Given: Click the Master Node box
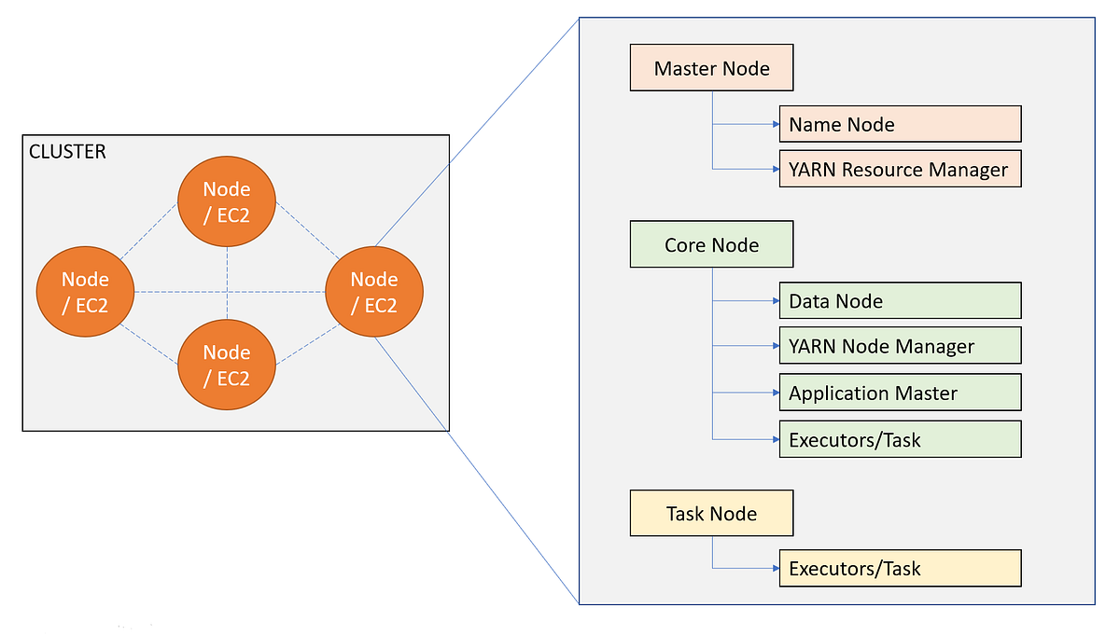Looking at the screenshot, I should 711,69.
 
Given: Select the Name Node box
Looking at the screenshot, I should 900,124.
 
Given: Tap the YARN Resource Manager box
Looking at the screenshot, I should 900,169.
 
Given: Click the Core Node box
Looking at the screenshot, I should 711,245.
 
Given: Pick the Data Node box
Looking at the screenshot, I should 900,300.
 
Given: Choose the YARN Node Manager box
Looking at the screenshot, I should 900,346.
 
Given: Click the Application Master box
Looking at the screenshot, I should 900,393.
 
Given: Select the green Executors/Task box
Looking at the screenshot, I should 900,439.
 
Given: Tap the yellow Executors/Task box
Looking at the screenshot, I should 900,568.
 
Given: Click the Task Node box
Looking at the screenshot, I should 711,513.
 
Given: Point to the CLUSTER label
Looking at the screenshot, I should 67,151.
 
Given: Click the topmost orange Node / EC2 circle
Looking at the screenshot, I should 227,200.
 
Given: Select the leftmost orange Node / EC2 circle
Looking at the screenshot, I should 85,291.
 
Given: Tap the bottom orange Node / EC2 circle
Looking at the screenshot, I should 227,364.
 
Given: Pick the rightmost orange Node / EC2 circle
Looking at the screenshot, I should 374,291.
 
